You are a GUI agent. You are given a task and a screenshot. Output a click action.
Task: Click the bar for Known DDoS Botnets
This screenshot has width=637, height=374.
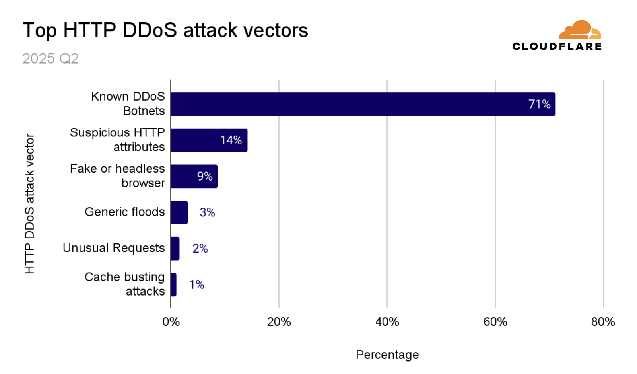point(363,104)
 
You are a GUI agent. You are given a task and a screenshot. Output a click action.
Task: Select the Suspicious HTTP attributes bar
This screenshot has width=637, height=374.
point(209,140)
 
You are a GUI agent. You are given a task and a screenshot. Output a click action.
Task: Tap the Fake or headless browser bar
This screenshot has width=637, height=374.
point(194,176)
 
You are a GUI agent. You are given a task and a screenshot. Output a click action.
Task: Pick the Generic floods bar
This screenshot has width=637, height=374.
point(179,212)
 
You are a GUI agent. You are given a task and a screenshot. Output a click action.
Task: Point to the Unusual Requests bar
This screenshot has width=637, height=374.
point(175,249)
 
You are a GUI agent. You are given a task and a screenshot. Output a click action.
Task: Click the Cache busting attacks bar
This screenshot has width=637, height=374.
point(174,284)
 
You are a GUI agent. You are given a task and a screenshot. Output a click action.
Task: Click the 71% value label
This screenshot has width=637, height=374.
point(539,104)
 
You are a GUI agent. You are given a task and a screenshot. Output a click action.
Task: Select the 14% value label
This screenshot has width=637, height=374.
point(231,140)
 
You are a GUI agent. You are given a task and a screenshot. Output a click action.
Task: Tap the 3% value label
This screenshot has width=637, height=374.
point(207,212)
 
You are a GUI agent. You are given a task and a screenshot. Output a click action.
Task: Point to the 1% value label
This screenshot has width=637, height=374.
point(196,285)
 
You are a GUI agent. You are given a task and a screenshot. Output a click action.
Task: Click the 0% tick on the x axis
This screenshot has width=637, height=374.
point(171,322)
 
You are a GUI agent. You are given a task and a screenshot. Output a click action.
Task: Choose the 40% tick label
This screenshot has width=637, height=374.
point(387,322)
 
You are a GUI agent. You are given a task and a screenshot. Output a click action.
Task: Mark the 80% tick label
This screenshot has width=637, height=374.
point(603,322)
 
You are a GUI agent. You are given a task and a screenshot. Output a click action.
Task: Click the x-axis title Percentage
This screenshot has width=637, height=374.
point(387,355)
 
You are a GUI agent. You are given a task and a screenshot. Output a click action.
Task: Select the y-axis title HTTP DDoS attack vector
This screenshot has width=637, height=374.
point(30,204)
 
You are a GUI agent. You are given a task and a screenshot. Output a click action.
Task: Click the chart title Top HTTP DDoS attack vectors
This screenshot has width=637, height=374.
point(165,30)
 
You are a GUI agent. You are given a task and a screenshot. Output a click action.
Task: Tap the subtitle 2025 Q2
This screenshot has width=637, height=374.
point(50,58)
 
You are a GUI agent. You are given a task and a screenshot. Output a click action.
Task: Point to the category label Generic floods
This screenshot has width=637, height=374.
point(124,212)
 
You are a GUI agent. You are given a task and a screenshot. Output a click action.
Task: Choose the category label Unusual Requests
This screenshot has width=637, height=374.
point(114,248)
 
